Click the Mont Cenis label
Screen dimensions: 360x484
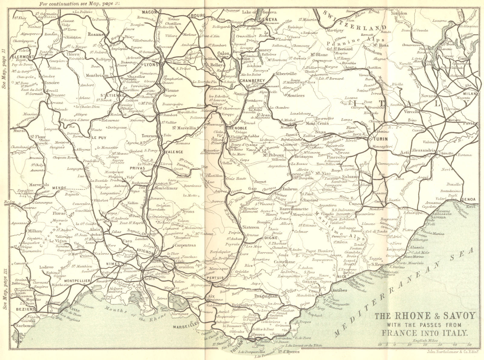(316, 124)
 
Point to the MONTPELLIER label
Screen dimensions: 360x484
(77, 281)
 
